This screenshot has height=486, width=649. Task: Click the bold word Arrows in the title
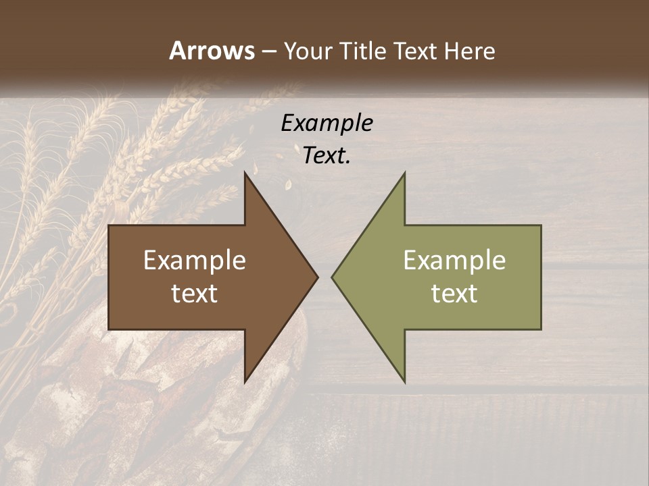pos(212,51)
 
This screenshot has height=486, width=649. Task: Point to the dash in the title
pos(268,52)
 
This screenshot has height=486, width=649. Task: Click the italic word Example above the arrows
pos(327,123)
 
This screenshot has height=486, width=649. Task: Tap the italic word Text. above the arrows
pos(327,155)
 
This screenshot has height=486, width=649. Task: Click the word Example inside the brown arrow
pos(195,261)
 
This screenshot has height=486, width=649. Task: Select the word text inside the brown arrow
pos(195,294)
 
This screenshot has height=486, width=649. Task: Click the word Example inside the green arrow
pos(454,261)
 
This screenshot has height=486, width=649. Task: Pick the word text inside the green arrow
pos(454,294)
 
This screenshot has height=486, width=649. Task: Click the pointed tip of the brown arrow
pos(317,277)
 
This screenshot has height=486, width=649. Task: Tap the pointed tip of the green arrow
pos(332,277)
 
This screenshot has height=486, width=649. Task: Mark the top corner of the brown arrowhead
pos(245,173)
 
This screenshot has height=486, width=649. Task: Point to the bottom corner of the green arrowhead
pos(404,382)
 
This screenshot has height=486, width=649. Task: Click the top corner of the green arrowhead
pos(404,173)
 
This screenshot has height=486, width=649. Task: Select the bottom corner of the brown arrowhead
pos(245,382)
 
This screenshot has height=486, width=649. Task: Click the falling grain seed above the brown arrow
pos(287,183)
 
